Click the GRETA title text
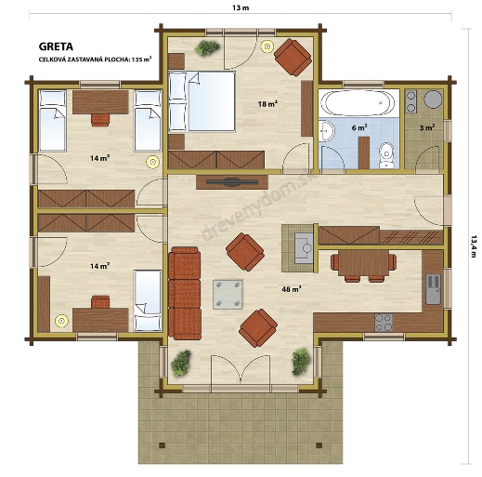[x=56, y=46]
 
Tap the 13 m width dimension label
[x=241, y=7]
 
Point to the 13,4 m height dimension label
[x=474, y=246]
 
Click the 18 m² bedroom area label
[x=267, y=104]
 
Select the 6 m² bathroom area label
[x=359, y=127]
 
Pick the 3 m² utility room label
[x=427, y=127]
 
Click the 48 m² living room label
[x=292, y=289]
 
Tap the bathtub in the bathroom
[x=358, y=103]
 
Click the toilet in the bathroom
[x=386, y=155]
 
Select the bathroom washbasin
[x=326, y=131]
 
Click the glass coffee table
[x=228, y=295]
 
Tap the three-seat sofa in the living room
[x=185, y=293]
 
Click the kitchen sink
[x=433, y=289]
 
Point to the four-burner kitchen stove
[x=384, y=323]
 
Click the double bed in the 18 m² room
[x=202, y=101]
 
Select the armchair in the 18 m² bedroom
[x=293, y=57]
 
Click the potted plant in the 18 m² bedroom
[x=207, y=47]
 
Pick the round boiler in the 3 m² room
[x=433, y=99]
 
